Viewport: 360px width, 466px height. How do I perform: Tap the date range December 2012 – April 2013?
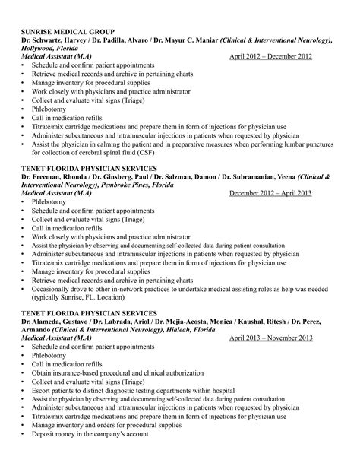(270, 193)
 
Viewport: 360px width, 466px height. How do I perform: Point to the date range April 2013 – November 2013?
(271, 338)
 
